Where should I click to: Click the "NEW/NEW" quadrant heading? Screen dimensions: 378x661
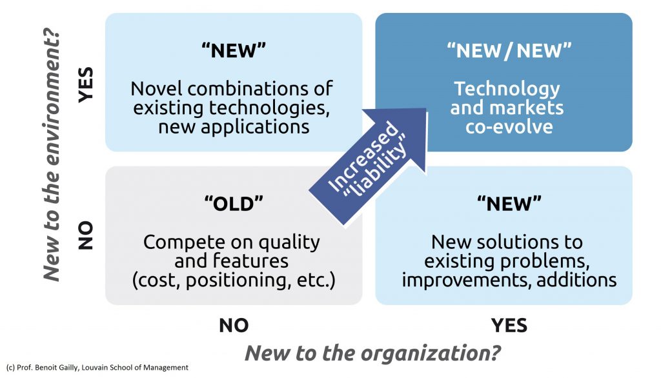pyautogui.click(x=503, y=51)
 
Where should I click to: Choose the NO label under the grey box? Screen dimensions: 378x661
pyautogui.click(x=234, y=325)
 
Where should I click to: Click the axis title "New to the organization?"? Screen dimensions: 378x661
pyautogui.click(x=373, y=353)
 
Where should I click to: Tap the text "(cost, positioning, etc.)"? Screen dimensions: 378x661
pyautogui.click(x=233, y=281)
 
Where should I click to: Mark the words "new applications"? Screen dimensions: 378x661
pyautogui.click(x=233, y=126)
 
